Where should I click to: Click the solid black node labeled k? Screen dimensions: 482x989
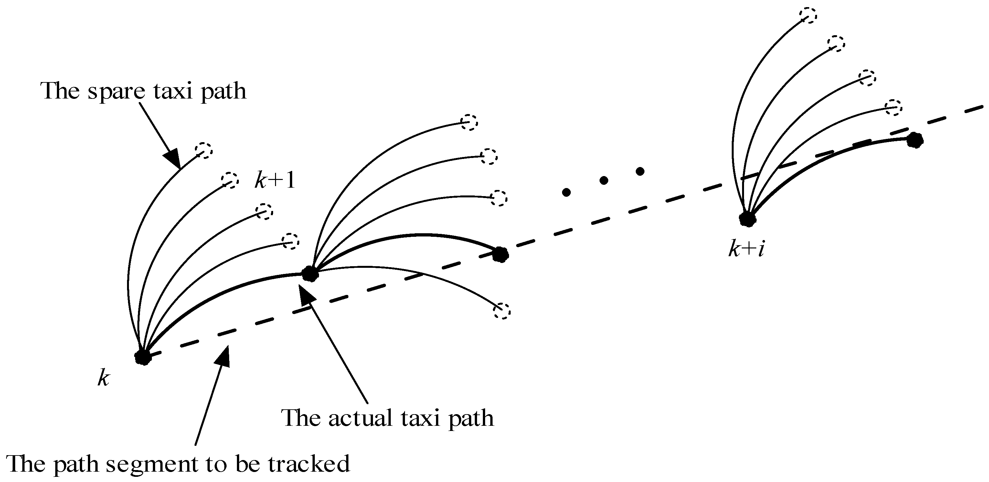[x=143, y=357]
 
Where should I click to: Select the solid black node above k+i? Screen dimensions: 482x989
[x=747, y=219]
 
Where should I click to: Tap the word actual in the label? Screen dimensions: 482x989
[x=360, y=418]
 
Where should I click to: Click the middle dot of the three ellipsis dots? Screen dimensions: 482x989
[x=603, y=180]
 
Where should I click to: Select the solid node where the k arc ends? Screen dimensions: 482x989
[x=310, y=274]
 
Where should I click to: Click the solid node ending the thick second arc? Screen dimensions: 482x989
[x=500, y=254]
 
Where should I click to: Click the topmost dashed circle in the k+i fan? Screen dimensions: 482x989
[x=808, y=16]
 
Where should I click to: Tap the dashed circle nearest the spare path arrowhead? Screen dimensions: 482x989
[x=204, y=151]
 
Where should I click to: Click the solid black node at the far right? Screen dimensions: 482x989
[x=915, y=141]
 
